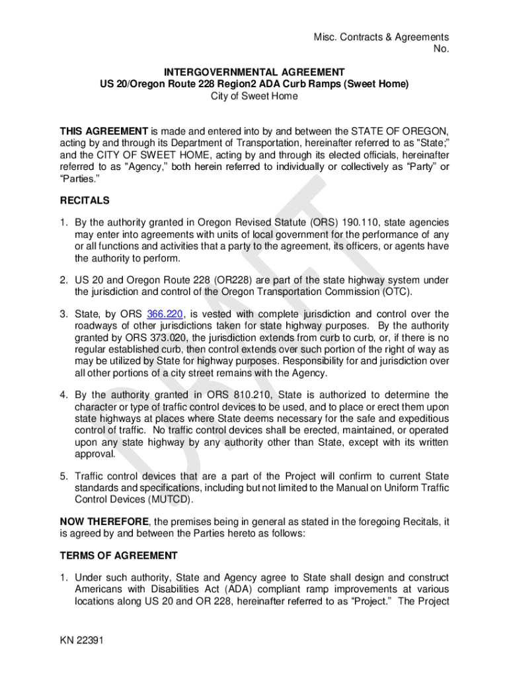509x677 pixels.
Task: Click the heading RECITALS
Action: [85, 200]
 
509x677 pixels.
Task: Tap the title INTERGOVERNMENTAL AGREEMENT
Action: [255, 72]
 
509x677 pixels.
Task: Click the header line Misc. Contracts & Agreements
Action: [381, 37]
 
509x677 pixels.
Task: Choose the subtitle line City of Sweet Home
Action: [255, 96]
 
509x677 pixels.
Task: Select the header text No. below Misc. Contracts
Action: [441, 49]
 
